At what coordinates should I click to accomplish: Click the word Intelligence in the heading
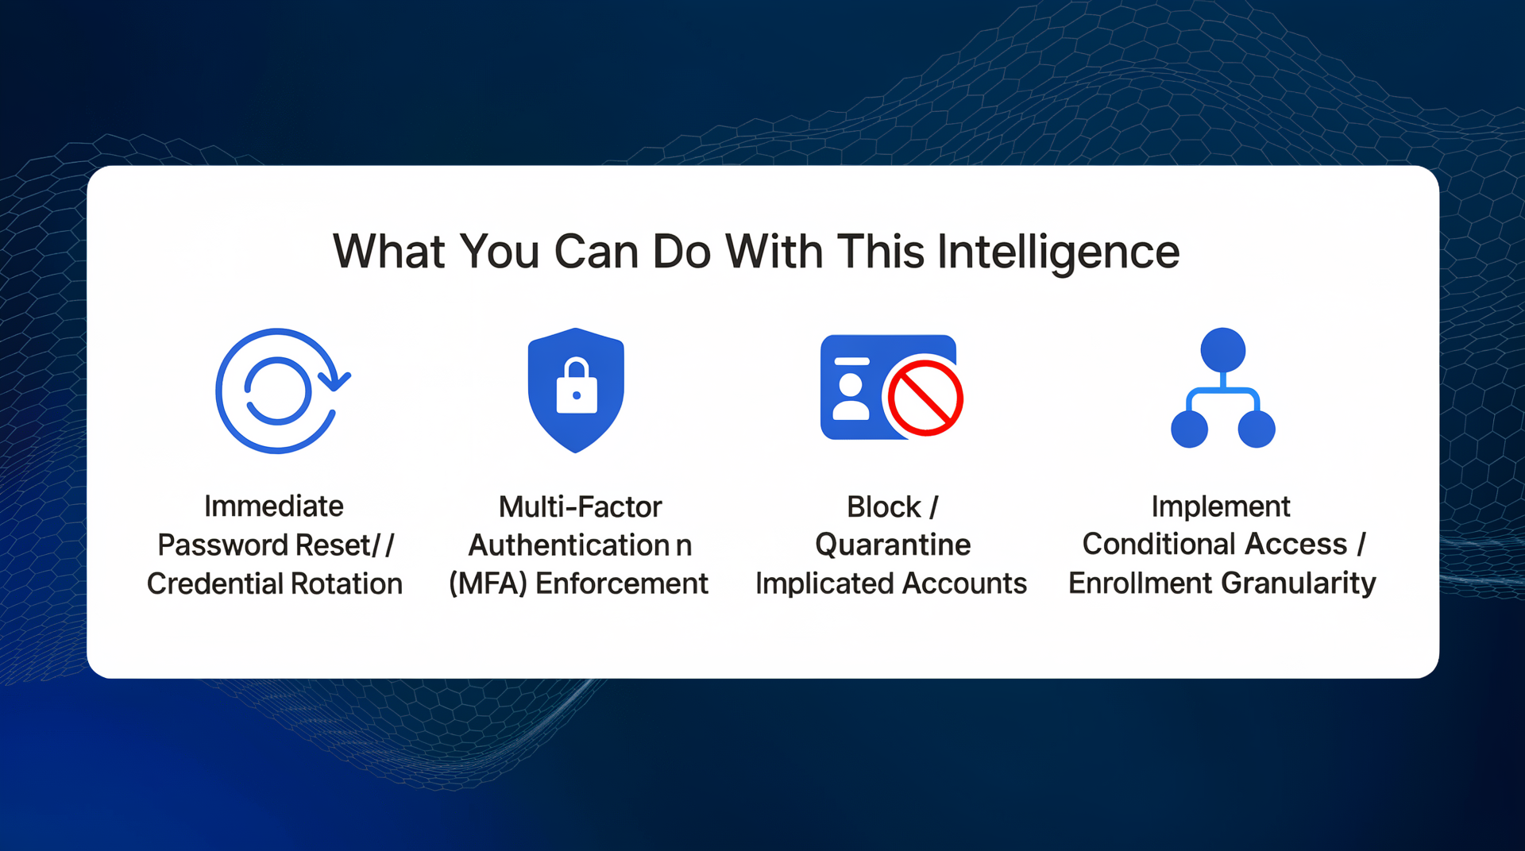pyautogui.click(x=1058, y=252)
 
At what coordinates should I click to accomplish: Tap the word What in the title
pyautogui.click(x=388, y=252)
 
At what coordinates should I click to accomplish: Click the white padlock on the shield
pyautogui.click(x=577, y=386)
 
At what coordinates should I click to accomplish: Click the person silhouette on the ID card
pyautogui.click(x=851, y=396)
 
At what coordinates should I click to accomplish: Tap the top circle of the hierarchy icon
pyautogui.click(x=1223, y=350)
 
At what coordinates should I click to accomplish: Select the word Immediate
pyautogui.click(x=274, y=506)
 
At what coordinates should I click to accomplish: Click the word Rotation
pyautogui.click(x=346, y=583)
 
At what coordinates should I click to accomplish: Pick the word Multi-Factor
pyautogui.click(x=580, y=506)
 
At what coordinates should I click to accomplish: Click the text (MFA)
pyautogui.click(x=488, y=583)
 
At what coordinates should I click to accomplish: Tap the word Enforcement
pyautogui.click(x=621, y=583)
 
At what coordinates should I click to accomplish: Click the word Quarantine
pyautogui.click(x=893, y=545)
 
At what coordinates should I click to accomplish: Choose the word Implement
pyautogui.click(x=1221, y=506)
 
